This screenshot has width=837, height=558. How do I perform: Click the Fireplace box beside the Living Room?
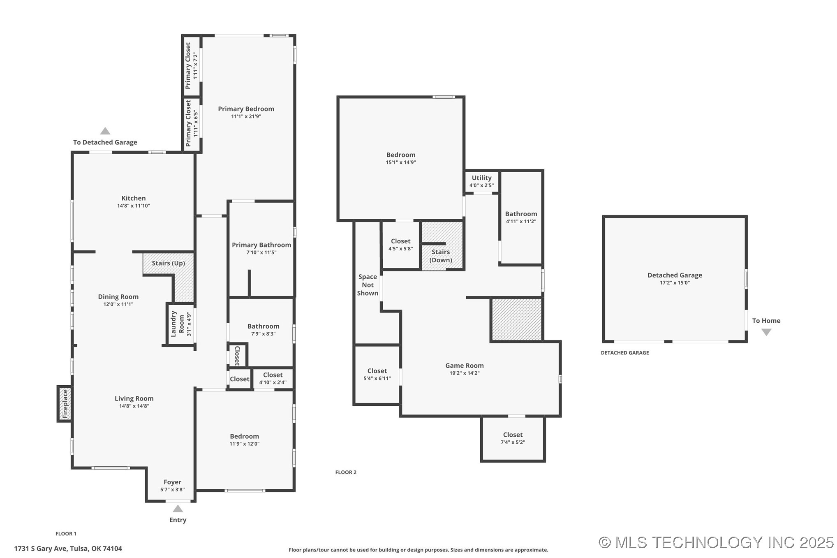[x=65, y=404]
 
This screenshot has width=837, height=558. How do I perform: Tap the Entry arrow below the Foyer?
[x=178, y=509]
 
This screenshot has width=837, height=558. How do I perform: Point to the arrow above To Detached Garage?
[x=105, y=131]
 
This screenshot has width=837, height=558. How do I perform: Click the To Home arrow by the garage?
[x=766, y=332]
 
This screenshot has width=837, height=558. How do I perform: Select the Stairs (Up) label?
[x=169, y=263]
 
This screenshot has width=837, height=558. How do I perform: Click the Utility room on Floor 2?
[x=482, y=181]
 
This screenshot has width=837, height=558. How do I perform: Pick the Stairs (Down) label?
[x=441, y=256]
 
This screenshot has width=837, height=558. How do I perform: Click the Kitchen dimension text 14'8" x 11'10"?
[x=134, y=206]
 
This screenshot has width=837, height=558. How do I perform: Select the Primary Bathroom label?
[x=261, y=245]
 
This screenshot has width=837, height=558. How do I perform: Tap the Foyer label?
[x=172, y=482]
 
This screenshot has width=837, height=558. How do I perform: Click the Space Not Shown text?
[x=368, y=285]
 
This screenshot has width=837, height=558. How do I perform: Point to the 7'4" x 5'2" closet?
[x=513, y=438]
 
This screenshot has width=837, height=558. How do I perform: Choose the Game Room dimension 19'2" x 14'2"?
[x=465, y=373]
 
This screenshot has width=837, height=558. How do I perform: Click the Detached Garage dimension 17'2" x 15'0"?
[x=675, y=283]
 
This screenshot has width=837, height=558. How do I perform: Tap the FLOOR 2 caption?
[x=346, y=472]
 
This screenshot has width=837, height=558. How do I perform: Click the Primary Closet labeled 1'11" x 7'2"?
[x=192, y=66]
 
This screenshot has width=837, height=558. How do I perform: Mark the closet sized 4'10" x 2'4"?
[x=273, y=378]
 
